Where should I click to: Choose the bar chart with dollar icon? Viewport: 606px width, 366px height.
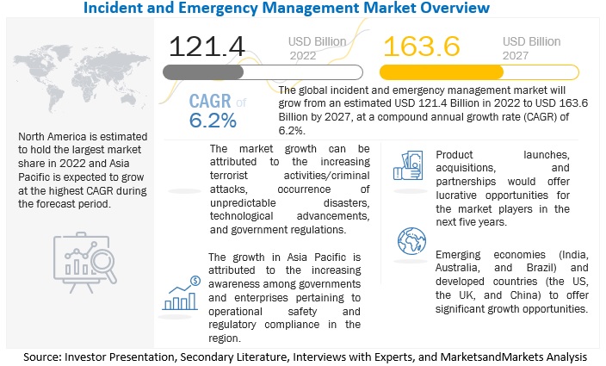coord(182,293)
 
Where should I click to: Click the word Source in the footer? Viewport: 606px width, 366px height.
coord(49,355)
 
